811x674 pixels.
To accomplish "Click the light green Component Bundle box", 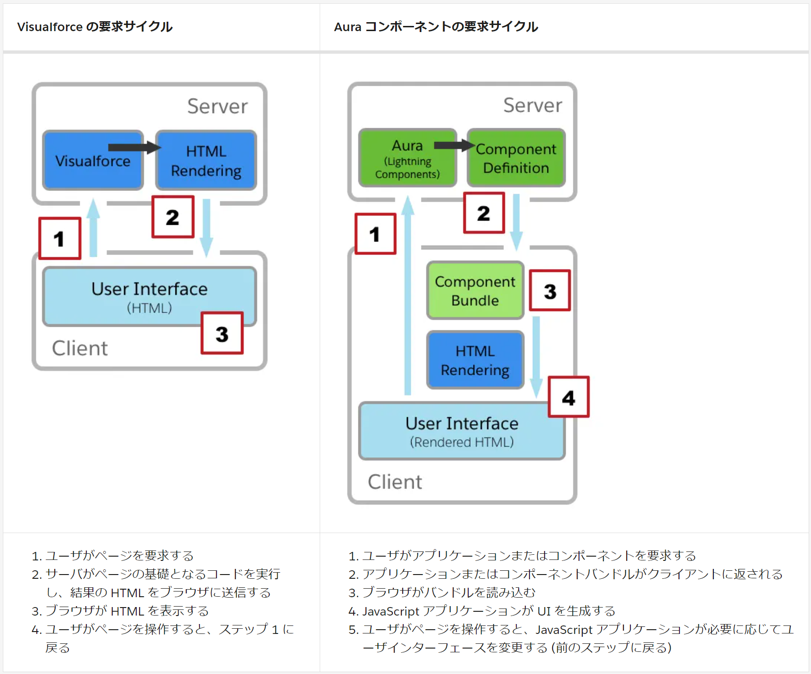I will click(x=475, y=291).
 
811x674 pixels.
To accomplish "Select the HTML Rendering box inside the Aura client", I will click(x=475, y=361).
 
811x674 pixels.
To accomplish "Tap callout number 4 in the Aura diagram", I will click(x=569, y=397).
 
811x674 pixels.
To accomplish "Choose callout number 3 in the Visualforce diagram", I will click(x=222, y=333).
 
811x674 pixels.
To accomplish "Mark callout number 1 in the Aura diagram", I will click(x=375, y=234).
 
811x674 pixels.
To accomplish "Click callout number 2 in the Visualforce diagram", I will click(x=173, y=217).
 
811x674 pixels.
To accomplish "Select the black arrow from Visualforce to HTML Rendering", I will click(x=133, y=148).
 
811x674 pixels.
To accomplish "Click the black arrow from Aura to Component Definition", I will click(x=453, y=145).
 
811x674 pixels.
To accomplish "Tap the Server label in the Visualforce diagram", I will click(x=217, y=107).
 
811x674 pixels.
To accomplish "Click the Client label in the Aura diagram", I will click(x=395, y=482).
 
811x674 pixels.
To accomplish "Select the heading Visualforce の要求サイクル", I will click(x=95, y=27).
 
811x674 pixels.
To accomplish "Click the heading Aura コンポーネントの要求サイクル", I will click(x=436, y=27).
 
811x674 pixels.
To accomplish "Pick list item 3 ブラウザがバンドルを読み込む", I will click(x=448, y=592).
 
